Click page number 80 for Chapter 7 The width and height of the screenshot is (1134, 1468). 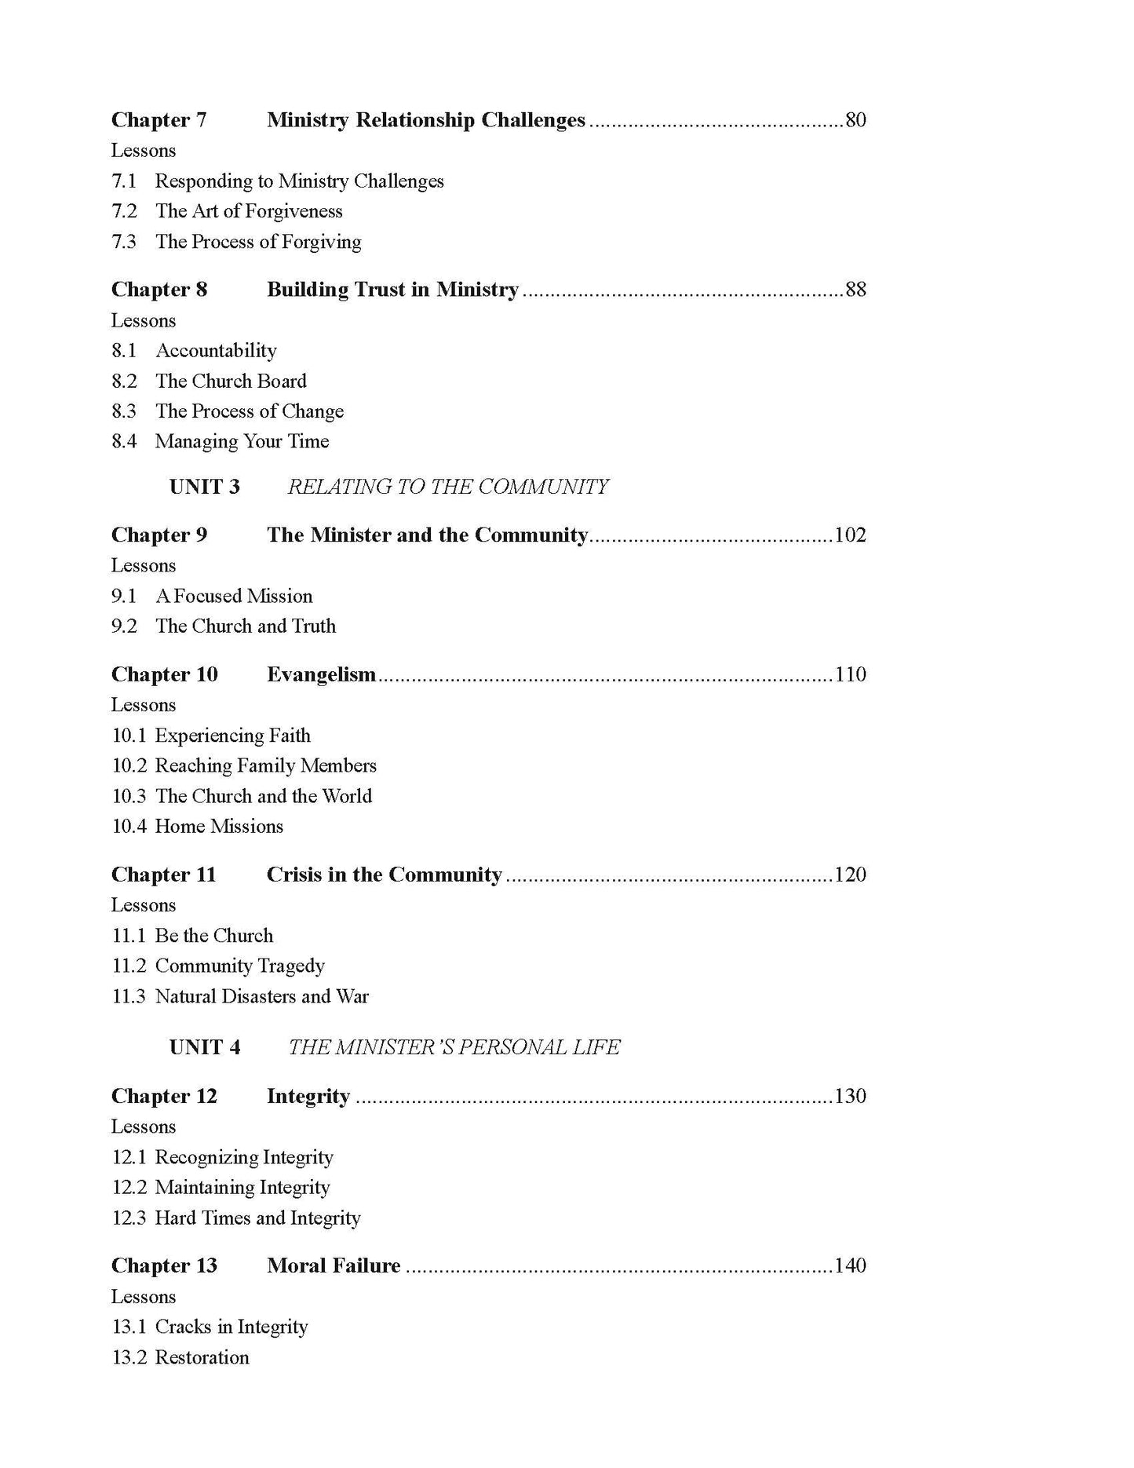(855, 120)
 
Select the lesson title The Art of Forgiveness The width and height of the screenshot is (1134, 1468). (249, 211)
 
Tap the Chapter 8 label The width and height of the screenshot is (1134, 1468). (159, 290)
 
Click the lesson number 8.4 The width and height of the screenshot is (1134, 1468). (124, 441)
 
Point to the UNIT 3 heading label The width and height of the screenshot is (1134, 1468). (205, 487)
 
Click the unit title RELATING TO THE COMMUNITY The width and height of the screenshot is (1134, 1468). (447, 487)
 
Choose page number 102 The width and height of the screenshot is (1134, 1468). (850, 535)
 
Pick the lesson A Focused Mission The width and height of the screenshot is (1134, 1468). (234, 596)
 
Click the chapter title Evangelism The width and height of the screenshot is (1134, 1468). (321, 674)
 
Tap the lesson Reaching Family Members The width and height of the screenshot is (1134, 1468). (265, 765)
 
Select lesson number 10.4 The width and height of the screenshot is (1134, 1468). (129, 826)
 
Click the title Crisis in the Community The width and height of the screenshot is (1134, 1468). (384, 875)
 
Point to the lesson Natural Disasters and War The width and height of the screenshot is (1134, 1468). (261, 996)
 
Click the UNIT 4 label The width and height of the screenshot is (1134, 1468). (205, 1047)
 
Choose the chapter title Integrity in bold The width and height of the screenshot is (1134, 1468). (308, 1096)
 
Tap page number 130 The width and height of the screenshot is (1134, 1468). (850, 1096)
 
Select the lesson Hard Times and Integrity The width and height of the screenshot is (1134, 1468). (257, 1218)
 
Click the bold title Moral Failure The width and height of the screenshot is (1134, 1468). (334, 1265)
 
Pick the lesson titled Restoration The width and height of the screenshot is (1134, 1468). (202, 1357)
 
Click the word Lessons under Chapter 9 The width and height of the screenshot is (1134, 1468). (144, 565)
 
